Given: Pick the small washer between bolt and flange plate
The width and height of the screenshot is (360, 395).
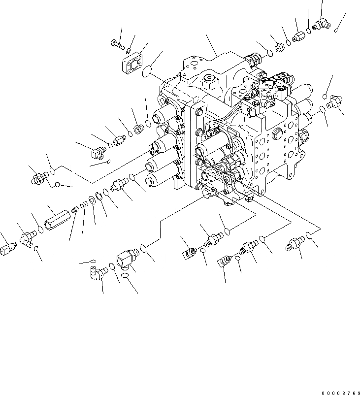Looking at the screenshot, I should [x=128, y=51].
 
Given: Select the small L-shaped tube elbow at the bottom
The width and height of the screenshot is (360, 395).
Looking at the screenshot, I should [x=101, y=271].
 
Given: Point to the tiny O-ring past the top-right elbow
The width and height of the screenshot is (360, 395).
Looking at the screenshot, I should [x=335, y=31].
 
